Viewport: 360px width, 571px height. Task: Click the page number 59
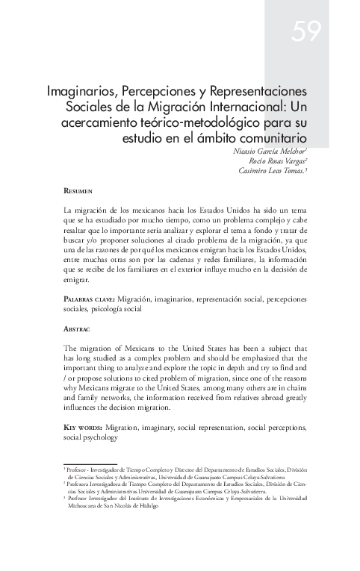[x=306, y=31]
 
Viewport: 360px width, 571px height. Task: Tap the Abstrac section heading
[x=78, y=329]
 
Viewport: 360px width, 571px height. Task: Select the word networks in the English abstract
[x=120, y=398]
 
